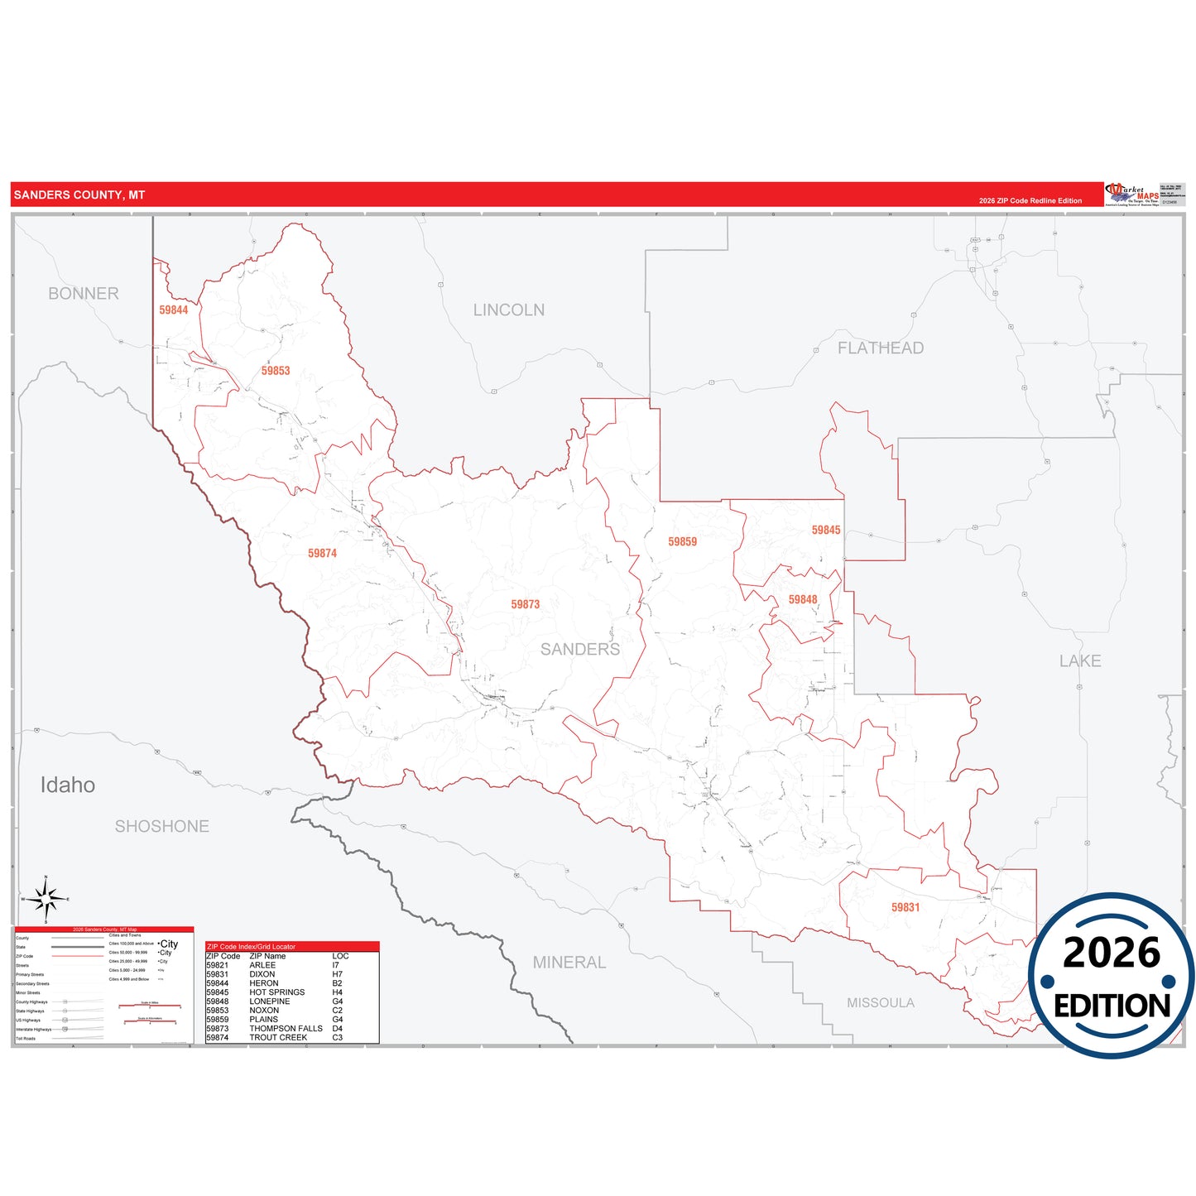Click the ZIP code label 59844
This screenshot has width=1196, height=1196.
pyautogui.click(x=174, y=310)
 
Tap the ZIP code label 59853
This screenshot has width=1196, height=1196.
pyautogui.click(x=276, y=371)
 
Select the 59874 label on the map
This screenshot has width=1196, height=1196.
pyautogui.click(x=322, y=553)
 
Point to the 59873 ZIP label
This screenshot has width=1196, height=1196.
pyautogui.click(x=525, y=604)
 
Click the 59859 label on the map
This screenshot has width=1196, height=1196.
pyautogui.click(x=682, y=541)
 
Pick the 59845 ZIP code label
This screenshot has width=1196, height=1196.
pyautogui.click(x=825, y=530)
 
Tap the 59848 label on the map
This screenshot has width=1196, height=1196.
pyautogui.click(x=802, y=599)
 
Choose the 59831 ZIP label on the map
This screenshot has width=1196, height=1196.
pyautogui.click(x=905, y=907)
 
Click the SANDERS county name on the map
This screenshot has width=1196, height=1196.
pyautogui.click(x=579, y=650)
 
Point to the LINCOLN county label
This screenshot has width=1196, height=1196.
pyautogui.click(x=508, y=310)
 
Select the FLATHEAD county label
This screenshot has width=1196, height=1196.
pyautogui.click(x=880, y=348)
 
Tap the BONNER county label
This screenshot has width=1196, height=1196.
pyautogui.click(x=83, y=294)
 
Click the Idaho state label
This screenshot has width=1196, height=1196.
pyautogui.click(x=68, y=785)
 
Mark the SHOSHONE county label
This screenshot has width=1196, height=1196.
pyautogui.click(x=161, y=826)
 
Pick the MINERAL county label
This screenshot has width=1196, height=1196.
pyautogui.click(x=569, y=963)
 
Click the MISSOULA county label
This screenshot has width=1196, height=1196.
pyautogui.click(x=880, y=1003)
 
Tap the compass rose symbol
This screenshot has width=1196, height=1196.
pyautogui.click(x=46, y=899)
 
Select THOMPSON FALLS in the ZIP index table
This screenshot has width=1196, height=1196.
pyautogui.click(x=286, y=1029)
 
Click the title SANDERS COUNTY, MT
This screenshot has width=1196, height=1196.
pyautogui.click(x=79, y=195)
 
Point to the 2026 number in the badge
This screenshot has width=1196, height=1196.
pyautogui.click(x=1111, y=953)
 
